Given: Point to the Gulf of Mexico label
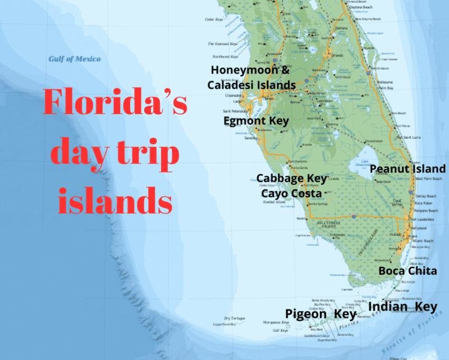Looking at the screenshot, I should coord(75,59).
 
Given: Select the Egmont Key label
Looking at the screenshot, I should coord(256,121).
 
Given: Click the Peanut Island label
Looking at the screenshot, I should coord(408,168).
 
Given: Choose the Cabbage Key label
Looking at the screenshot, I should coord(291,179).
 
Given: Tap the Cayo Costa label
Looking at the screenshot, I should coord(291,193).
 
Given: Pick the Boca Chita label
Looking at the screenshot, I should coord(407,271).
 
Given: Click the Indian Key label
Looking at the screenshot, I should coord(402,307).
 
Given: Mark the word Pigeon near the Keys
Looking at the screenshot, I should coord(306,314).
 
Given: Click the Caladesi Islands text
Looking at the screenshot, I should coord(251,85).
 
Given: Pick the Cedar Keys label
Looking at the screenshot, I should coord(214,19).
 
